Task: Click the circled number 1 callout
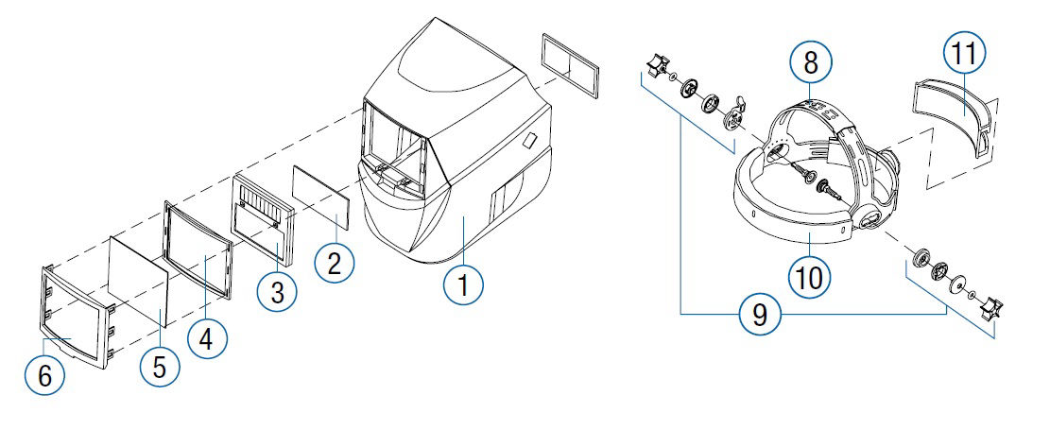[462, 282]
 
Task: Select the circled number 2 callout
[334, 264]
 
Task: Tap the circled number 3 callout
[277, 292]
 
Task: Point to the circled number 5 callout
[159, 366]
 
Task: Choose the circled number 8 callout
[811, 63]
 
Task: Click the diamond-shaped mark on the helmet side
[529, 141]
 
